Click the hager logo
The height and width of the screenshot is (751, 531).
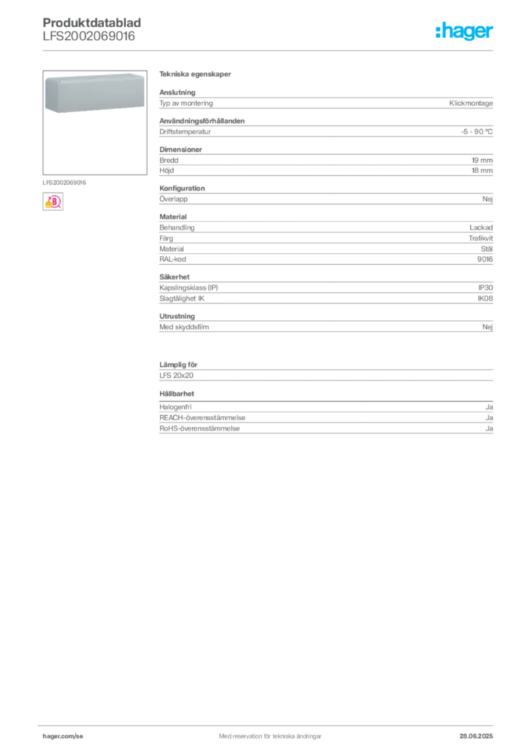pyautogui.click(x=464, y=31)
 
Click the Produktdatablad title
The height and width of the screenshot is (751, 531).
pyautogui.click(x=92, y=23)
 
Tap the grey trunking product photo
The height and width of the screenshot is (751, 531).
pyautogui.click(x=95, y=93)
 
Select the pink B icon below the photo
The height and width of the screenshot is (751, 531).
pyautogui.click(x=53, y=202)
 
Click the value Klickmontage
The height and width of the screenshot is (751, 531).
pyautogui.click(x=471, y=103)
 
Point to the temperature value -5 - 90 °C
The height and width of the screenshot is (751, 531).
pyautogui.click(x=477, y=132)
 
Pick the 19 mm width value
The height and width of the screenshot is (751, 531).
pyautogui.click(x=482, y=160)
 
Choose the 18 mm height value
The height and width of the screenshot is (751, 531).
pyautogui.click(x=482, y=170)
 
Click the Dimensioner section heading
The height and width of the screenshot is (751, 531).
pyautogui.click(x=180, y=150)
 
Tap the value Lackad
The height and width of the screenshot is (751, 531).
pyautogui.click(x=480, y=227)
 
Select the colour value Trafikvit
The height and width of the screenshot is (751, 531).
pyautogui.click(x=480, y=238)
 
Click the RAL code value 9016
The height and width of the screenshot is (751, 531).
pyautogui.click(x=485, y=259)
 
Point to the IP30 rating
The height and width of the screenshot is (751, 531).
pyautogui.click(x=485, y=287)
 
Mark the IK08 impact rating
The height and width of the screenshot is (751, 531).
pyautogui.click(x=485, y=298)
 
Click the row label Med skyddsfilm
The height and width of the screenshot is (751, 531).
pyautogui.click(x=184, y=327)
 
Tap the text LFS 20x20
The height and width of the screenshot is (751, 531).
pyautogui.click(x=176, y=375)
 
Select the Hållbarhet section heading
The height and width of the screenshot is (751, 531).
pyautogui.click(x=177, y=394)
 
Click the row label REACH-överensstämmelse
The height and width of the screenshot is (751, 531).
pyautogui.click(x=202, y=417)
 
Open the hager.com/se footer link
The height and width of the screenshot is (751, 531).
pyautogui.click(x=63, y=736)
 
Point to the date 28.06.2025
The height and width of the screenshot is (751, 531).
pyautogui.click(x=476, y=736)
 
